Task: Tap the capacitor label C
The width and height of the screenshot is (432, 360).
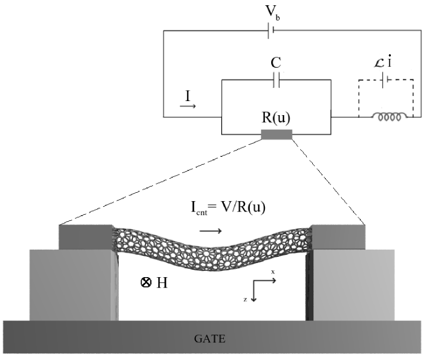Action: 276,63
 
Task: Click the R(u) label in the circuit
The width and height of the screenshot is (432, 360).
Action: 276,117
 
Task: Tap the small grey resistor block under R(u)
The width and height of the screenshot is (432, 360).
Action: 276,135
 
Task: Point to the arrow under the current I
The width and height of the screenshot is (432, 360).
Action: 187,106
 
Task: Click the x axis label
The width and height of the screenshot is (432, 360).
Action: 273,272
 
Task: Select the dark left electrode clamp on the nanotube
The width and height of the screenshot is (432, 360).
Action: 86,237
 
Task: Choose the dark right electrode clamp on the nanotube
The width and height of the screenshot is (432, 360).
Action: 337,237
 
